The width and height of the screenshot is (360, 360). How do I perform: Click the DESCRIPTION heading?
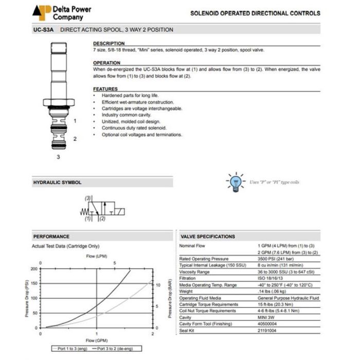point(109,44)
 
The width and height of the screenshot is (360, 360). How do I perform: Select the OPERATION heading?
point(106,63)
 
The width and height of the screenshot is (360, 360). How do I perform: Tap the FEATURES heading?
point(105,89)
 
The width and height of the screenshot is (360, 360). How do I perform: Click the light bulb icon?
point(236,182)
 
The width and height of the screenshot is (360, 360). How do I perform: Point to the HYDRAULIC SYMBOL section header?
point(57,183)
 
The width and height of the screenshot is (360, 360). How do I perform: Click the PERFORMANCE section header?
point(51,237)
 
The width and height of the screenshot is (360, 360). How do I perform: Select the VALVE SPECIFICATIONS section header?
point(208,237)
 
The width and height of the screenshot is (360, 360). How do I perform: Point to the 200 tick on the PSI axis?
point(34,268)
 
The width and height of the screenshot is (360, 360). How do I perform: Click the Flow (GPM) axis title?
point(97,340)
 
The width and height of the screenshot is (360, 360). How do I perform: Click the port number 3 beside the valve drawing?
point(58,157)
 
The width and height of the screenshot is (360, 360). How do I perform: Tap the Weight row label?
point(187,291)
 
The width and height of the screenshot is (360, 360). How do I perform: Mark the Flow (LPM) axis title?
point(97,256)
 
